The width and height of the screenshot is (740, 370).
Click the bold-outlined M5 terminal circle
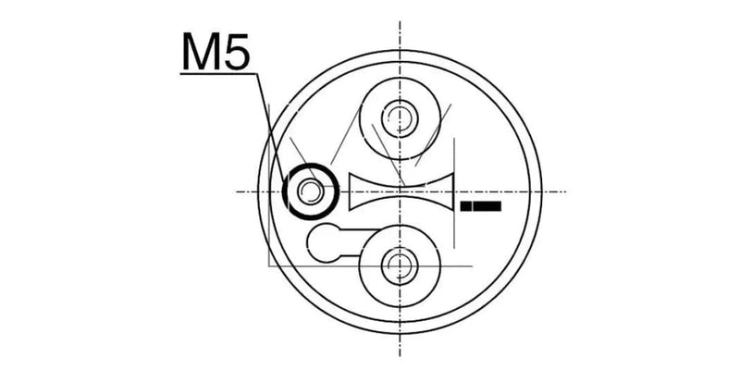coord(312,190)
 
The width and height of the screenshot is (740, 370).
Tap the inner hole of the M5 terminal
coord(312,191)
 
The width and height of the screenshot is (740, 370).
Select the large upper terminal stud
coord(400,116)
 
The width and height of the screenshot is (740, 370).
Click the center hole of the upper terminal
coord(400,116)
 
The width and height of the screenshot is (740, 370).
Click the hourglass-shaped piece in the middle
coord(402,191)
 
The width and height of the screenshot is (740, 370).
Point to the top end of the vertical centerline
coord(400,22)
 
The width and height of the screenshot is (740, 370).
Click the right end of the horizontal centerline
coord(565,191)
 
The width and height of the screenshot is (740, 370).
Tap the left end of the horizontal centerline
coord(236,191)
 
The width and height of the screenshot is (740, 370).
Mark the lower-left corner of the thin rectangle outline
coord(268,268)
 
